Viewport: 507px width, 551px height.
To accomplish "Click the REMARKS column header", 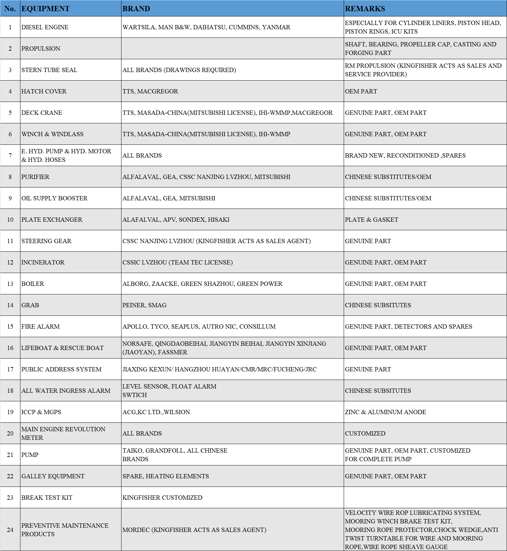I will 365,9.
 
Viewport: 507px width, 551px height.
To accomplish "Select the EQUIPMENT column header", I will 45,9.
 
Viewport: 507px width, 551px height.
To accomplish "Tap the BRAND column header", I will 136,9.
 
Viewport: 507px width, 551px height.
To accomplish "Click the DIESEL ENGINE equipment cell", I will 45,27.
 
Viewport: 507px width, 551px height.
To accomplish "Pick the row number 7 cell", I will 10,155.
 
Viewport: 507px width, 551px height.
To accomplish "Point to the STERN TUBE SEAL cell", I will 49,70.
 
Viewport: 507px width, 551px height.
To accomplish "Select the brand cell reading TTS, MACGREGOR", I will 150,91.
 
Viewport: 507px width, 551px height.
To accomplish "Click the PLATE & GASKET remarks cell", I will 371,220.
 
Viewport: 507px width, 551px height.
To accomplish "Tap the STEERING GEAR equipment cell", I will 46,241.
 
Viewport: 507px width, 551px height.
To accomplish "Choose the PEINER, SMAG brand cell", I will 145,305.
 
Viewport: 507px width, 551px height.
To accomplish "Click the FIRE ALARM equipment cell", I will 40,327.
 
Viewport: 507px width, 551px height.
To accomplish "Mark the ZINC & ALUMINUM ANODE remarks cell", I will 386,412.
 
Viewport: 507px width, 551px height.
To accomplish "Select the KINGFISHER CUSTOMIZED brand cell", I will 162,498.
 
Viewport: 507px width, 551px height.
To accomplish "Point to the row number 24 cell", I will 10,530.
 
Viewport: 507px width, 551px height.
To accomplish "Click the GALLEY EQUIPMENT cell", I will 53,476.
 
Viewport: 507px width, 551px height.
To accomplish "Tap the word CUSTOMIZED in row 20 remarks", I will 365,434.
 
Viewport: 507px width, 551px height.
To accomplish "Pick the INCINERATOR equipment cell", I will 43,263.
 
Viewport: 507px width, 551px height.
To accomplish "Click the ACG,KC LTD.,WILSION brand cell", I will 156,412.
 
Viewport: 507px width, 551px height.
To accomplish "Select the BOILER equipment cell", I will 33,284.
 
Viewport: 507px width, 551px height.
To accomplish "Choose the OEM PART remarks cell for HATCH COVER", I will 361,91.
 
